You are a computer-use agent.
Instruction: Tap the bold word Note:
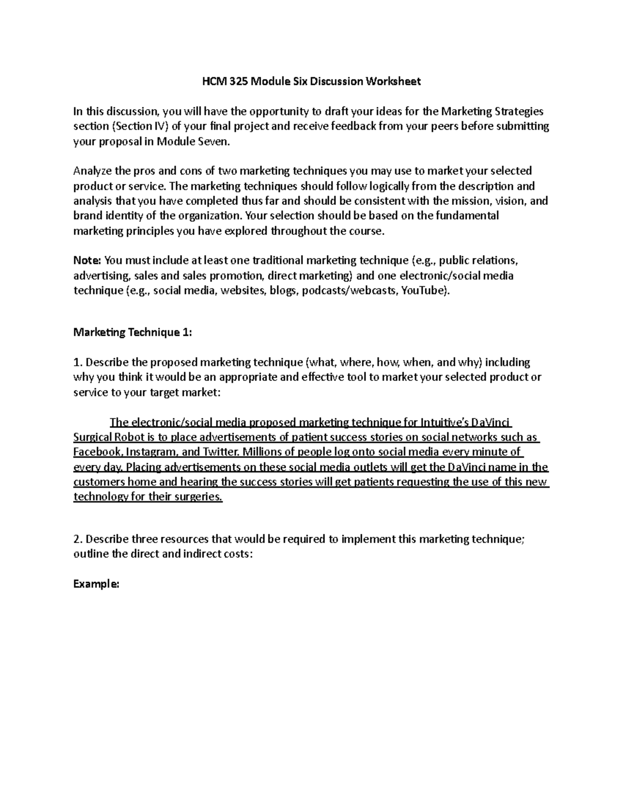tap(88, 260)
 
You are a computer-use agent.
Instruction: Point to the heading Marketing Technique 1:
tap(132, 333)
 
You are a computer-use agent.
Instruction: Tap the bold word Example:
tap(97, 584)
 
